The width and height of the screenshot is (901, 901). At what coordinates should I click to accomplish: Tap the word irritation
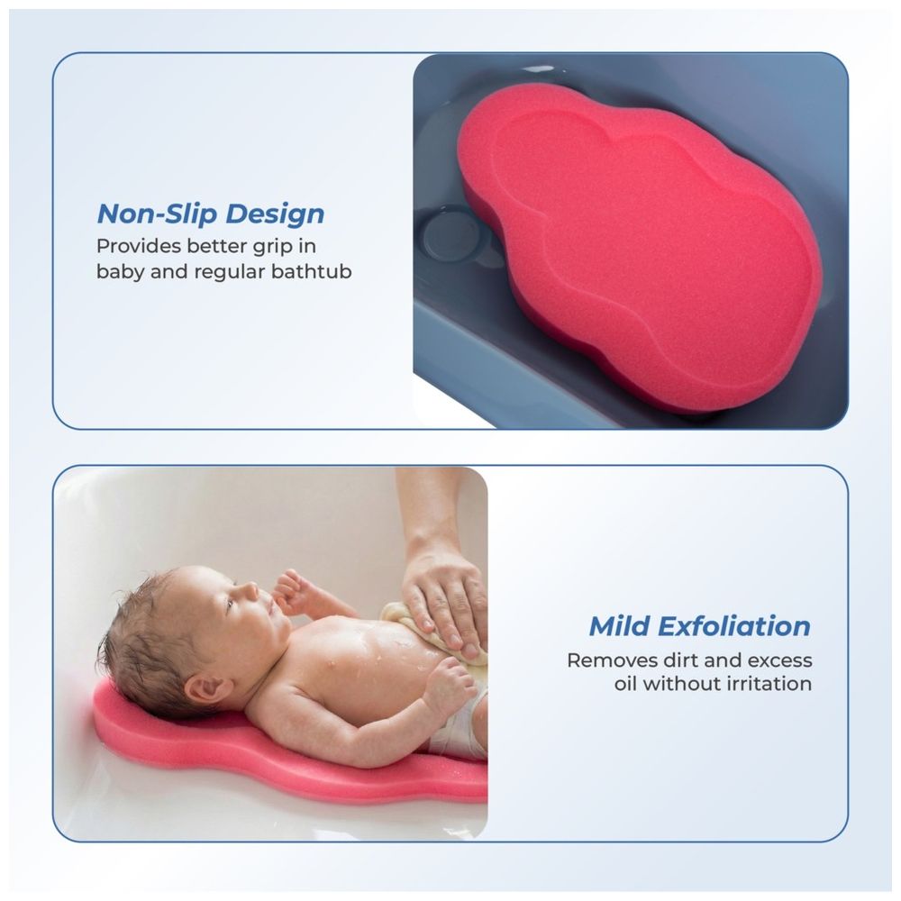768,683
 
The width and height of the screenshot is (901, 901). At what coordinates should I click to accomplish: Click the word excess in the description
778,660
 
